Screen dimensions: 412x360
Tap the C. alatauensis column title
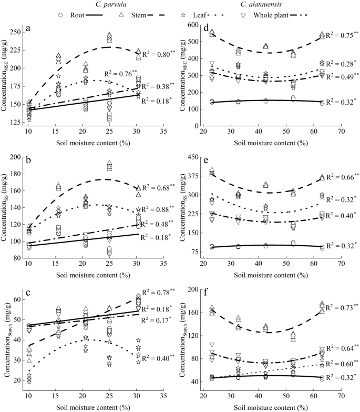(x=264, y=5)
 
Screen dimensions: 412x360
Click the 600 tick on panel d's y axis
(x=194, y=24)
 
